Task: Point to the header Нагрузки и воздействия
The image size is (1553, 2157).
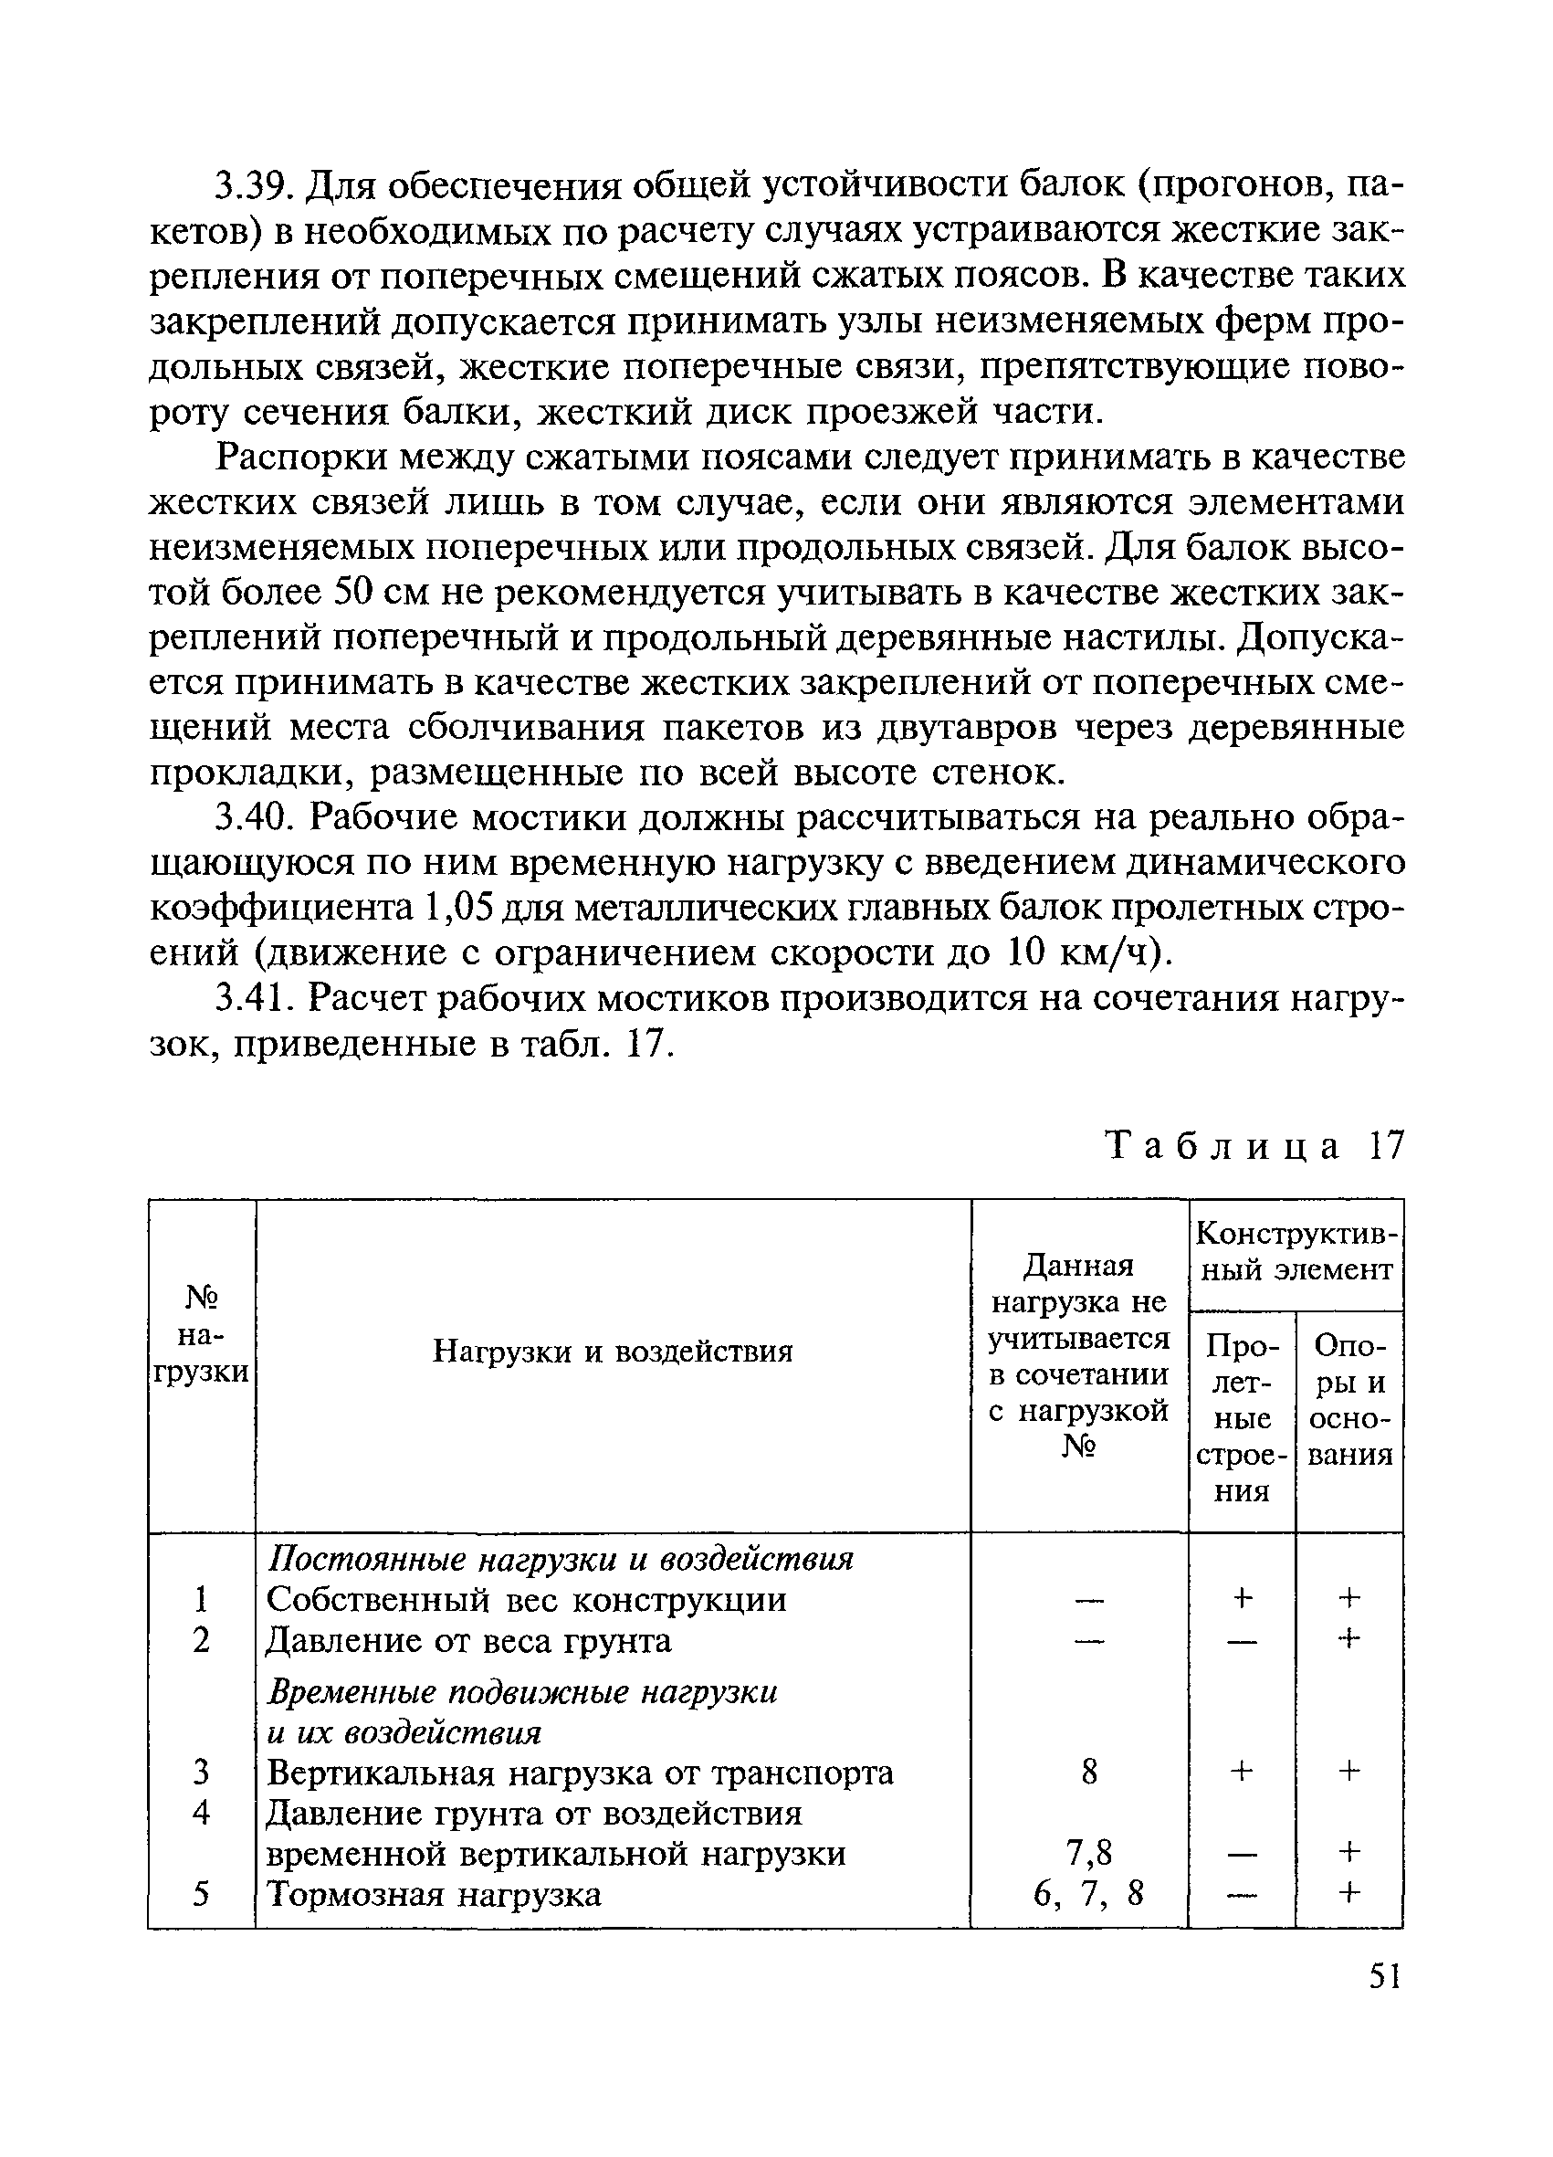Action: tap(613, 1351)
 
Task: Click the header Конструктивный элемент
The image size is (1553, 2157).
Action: tap(1296, 1251)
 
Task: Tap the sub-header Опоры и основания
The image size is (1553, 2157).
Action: tap(1349, 1399)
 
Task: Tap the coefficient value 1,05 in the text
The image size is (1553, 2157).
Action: tap(455, 909)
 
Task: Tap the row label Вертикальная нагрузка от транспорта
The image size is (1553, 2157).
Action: tap(580, 1773)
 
